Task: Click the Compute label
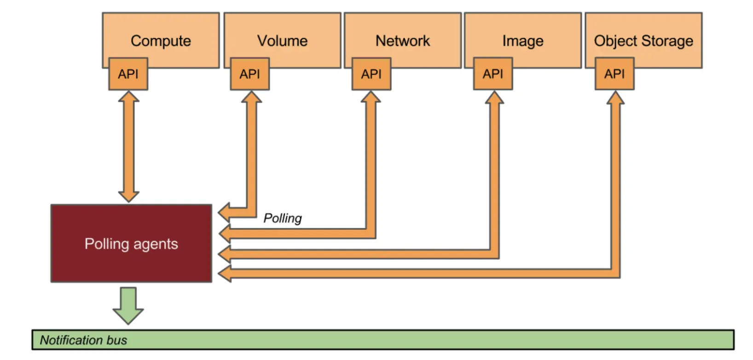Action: coord(161,41)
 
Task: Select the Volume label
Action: coord(282,41)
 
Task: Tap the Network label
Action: coord(403,41)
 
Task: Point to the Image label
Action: coord(523,41)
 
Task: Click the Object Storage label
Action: coord(643,41)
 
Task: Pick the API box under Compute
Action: coord(128,74)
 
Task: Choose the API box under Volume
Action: coord(250,74)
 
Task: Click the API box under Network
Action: coord(371,74)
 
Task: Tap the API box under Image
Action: coord(493,74)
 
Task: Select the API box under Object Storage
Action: coord(614,74)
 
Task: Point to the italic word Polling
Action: coord(283,218)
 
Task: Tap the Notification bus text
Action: coord(83,340)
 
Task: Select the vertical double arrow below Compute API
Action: coord(129,146)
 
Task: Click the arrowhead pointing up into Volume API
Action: coord(251,97)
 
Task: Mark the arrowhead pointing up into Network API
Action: coord(371,97)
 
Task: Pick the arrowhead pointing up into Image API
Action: coord(494,97)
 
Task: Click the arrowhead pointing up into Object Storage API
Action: coord(615,97)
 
